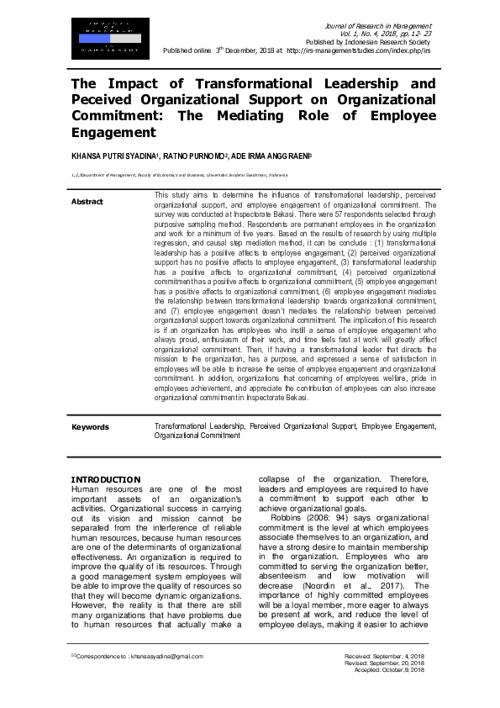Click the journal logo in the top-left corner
105,38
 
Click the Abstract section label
87,202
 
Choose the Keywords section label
90,427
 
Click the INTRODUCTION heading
105,479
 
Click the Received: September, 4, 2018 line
384,656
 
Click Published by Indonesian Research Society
368,42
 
